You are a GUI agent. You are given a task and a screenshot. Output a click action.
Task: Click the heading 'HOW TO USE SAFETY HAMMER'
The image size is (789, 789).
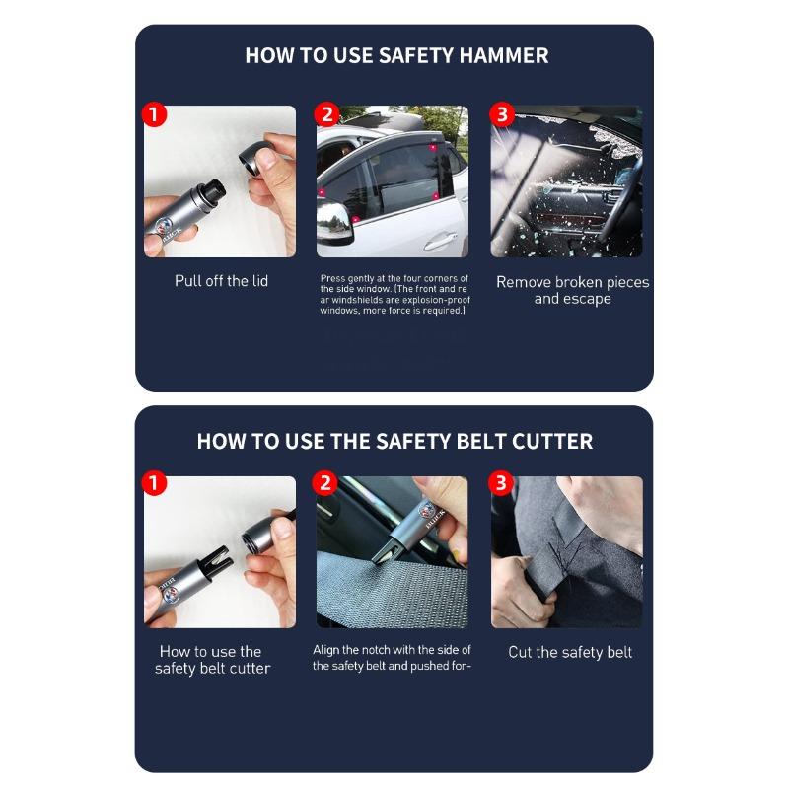point(396,55)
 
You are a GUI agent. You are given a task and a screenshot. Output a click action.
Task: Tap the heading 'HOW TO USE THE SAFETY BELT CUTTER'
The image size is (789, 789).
point(394,441)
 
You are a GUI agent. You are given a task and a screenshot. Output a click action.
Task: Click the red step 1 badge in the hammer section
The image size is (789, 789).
point(154,114)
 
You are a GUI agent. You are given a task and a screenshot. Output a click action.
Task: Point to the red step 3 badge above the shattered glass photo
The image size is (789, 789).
point(502,114)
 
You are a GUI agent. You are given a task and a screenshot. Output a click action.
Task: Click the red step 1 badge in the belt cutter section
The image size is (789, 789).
point(154,483)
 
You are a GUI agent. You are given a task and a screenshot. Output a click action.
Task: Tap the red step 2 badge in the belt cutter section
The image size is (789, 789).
point(326,483)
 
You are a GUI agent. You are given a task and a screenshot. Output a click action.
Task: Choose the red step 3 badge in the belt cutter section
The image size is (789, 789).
point(502,483)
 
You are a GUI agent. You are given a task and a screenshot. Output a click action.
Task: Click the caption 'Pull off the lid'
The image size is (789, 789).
point(221,281)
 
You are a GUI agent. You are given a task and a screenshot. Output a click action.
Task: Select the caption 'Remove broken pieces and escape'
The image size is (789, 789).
point(572,290)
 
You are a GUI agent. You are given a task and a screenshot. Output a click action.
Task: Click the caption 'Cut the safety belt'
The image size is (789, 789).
point(570,652)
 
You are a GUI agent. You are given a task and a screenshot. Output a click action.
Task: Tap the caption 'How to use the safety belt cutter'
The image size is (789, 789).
point(212,660)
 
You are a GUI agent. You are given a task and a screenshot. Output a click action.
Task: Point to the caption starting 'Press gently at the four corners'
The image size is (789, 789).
point(394,294)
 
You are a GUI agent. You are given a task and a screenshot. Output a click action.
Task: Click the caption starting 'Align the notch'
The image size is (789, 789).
point(392,658)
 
